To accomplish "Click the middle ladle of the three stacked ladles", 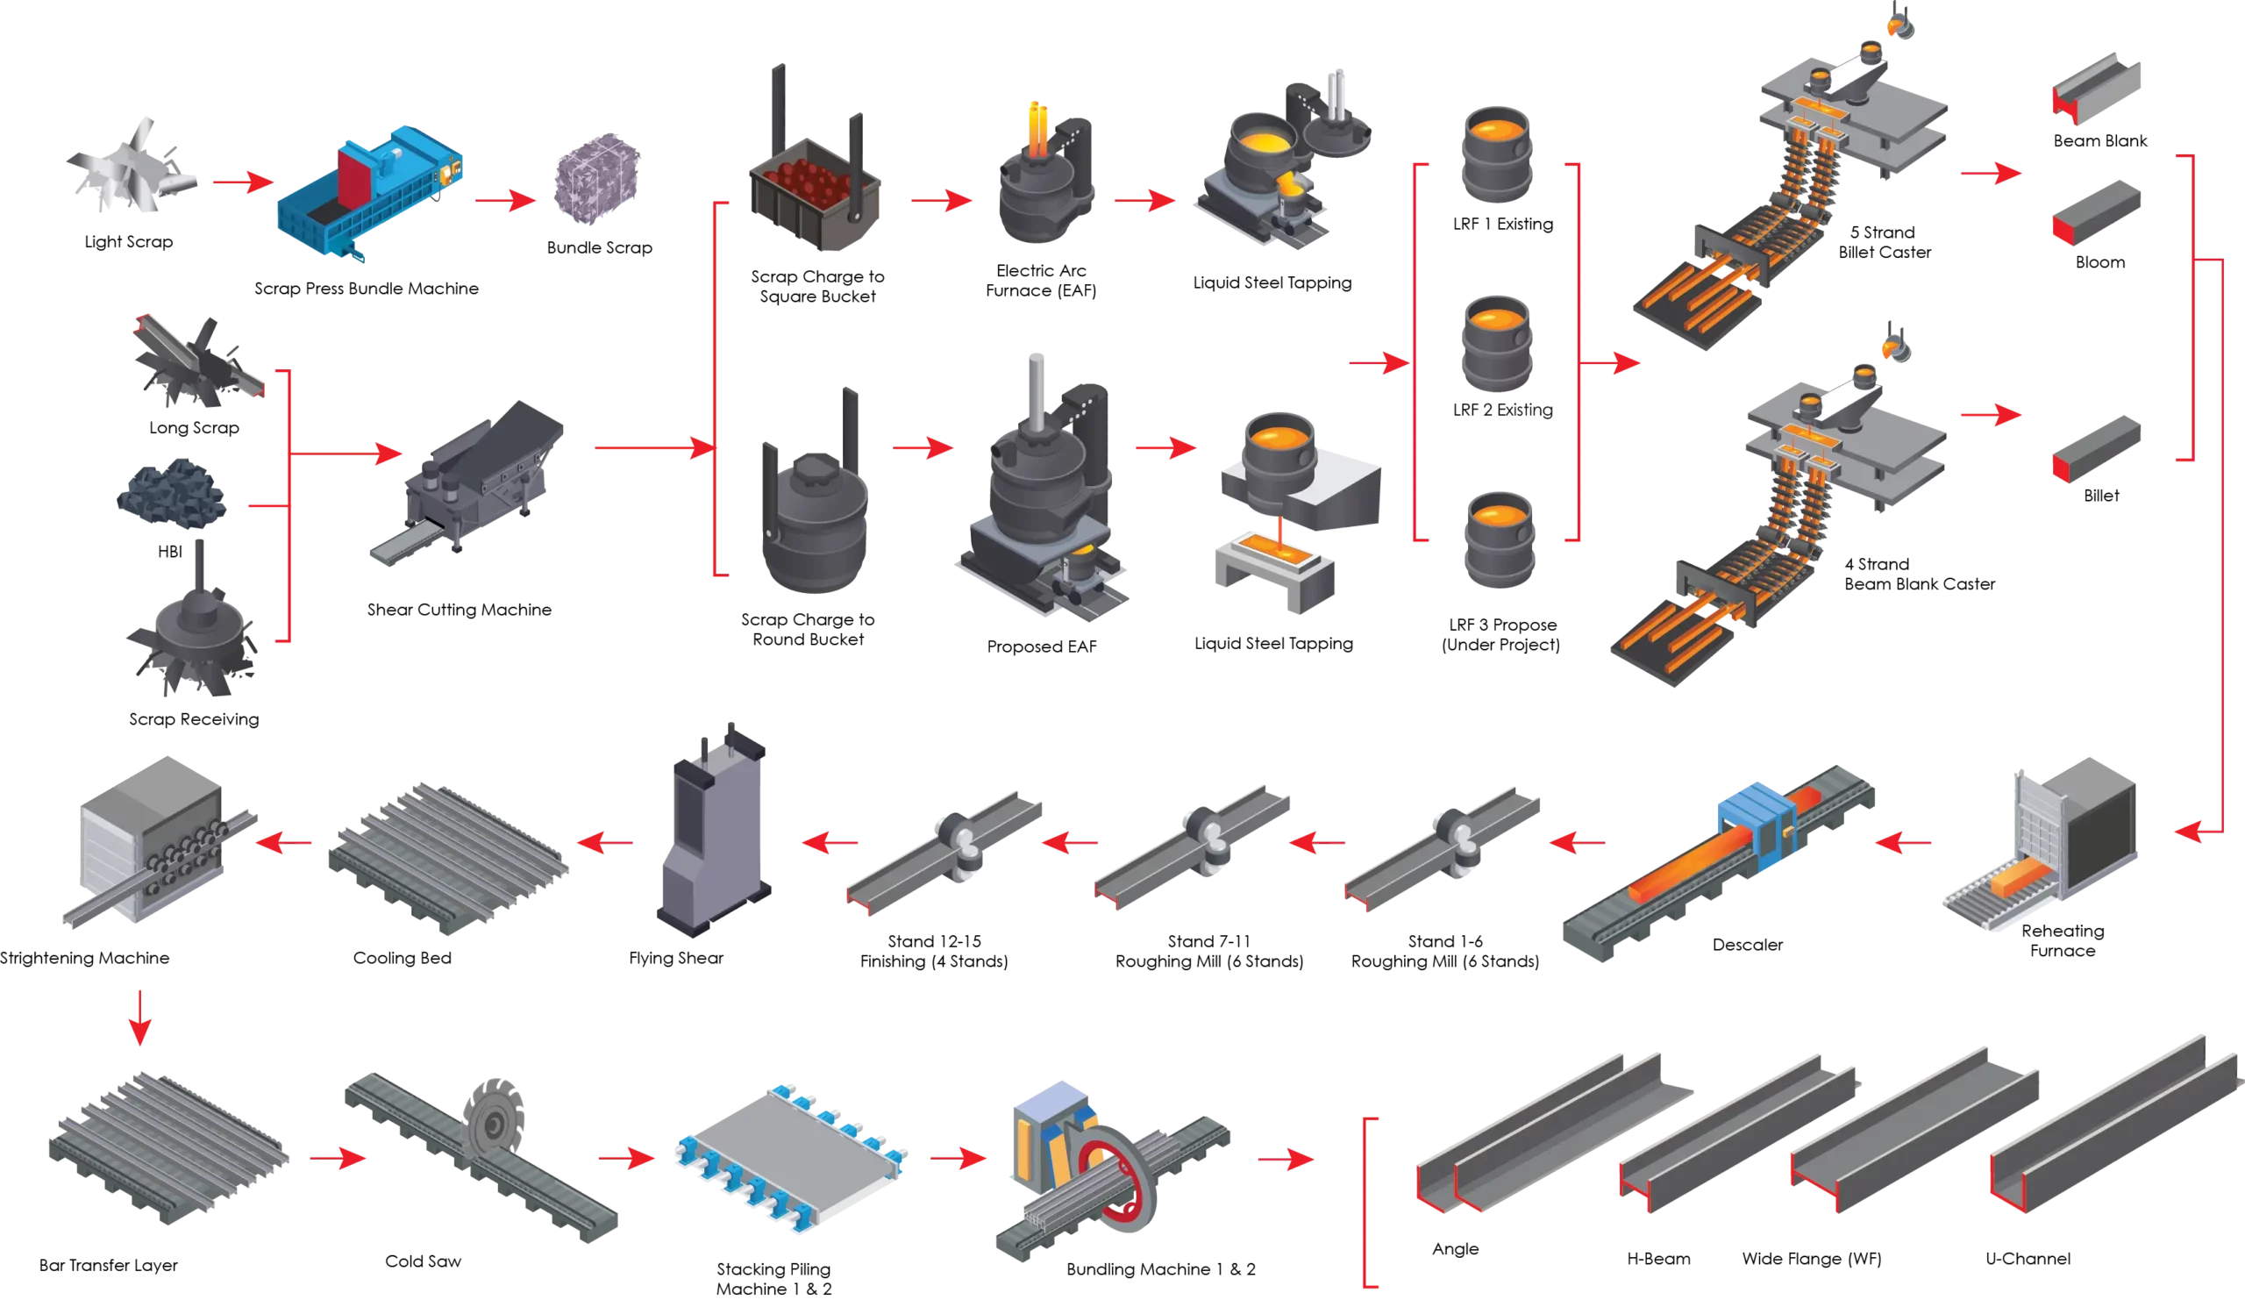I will tap(1497, 343).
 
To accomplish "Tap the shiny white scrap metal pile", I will tap(133, 169).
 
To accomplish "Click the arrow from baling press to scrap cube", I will tap(504, 202).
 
